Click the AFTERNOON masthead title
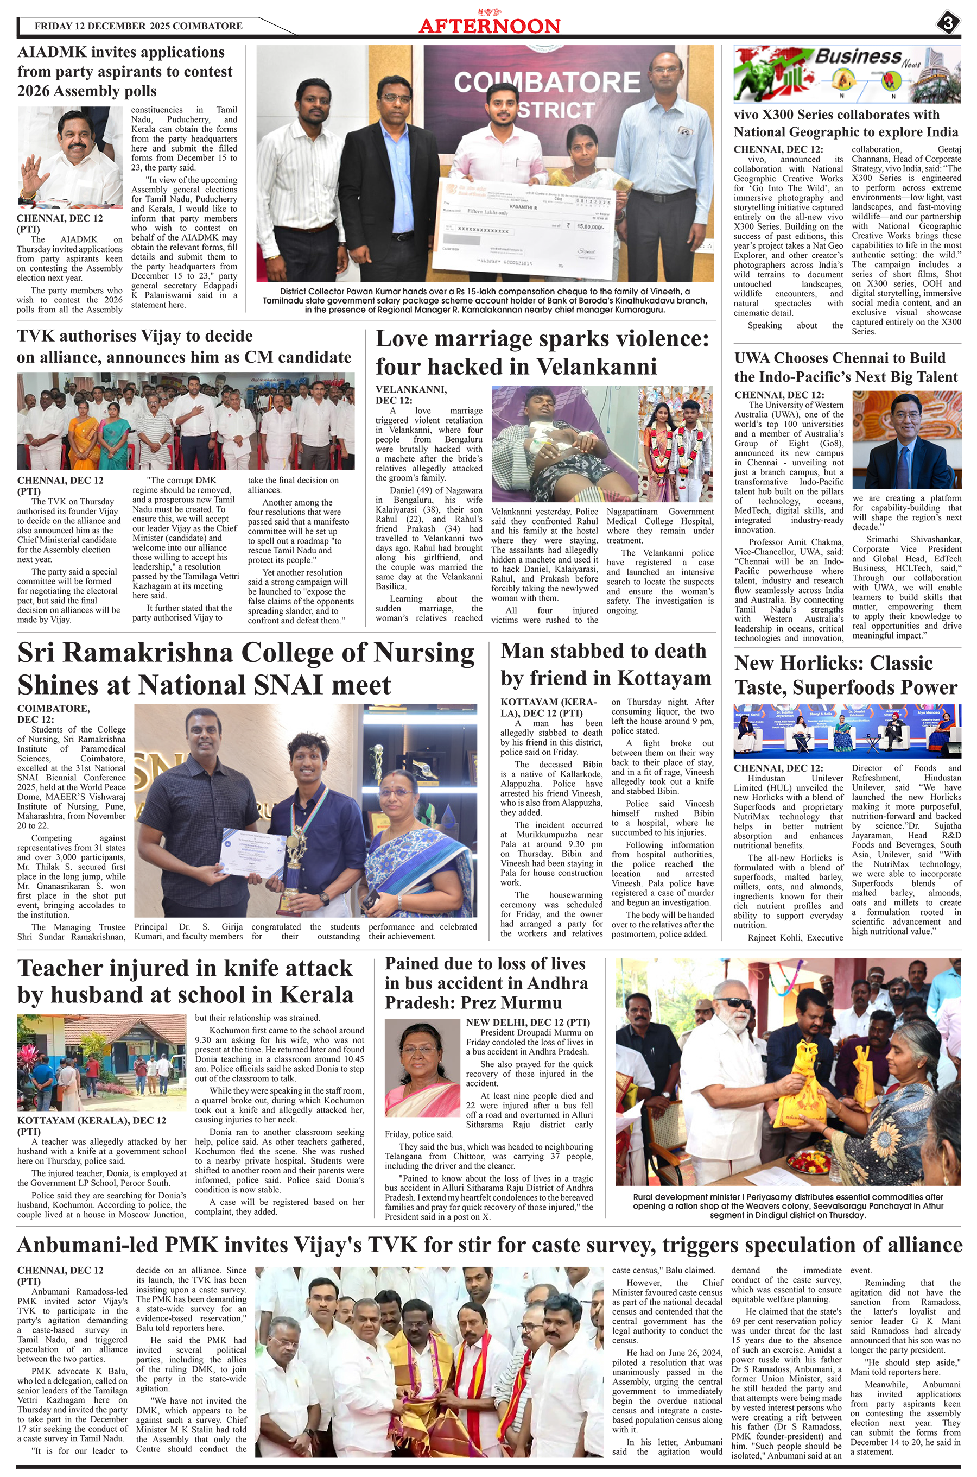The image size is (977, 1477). (x=489, y=26)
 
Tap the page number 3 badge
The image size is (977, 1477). (x=947, y=24)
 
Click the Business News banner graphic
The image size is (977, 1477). (x=847, y=73)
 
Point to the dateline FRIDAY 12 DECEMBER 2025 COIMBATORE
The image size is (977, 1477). (x=138, y=26)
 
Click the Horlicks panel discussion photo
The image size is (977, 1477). (x=847, y=730)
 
